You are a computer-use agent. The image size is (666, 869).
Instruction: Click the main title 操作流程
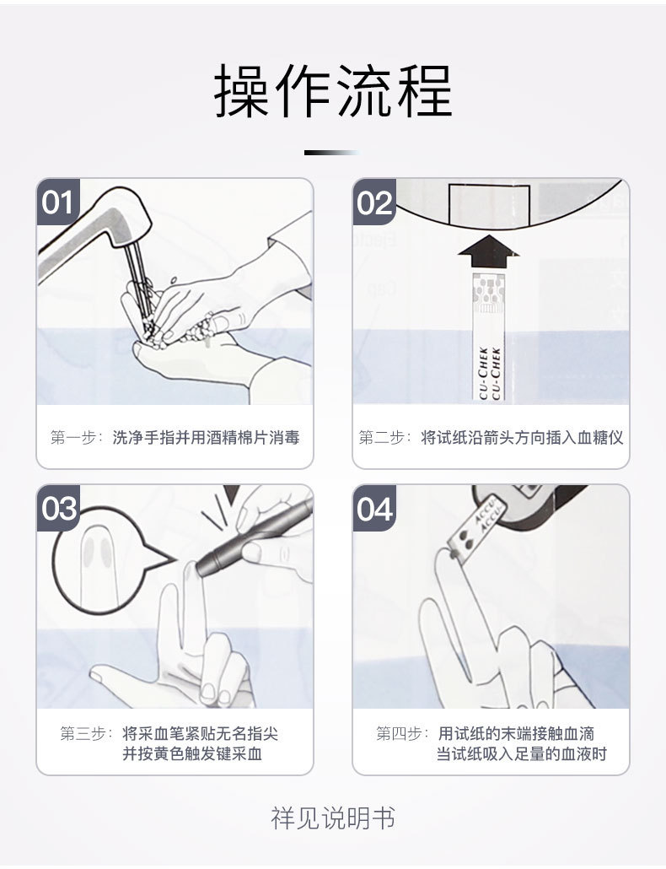(333, 91)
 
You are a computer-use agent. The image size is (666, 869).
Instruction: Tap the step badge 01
(58, 203)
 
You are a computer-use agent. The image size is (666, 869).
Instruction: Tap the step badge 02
(375, 203)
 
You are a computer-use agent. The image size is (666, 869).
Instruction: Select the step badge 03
(59, 510)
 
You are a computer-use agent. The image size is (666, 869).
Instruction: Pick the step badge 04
(375, 510)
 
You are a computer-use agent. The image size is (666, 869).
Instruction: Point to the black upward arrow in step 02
(489, 250)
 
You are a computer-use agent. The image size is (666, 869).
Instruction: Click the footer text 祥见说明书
(333, 818)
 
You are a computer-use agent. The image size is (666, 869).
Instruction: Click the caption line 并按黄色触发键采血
(192, 754)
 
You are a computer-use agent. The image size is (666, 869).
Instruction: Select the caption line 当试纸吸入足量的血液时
(521, 754)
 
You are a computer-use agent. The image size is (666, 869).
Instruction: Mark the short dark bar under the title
(330, 153)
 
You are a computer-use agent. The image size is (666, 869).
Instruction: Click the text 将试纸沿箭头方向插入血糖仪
(522, 438)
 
